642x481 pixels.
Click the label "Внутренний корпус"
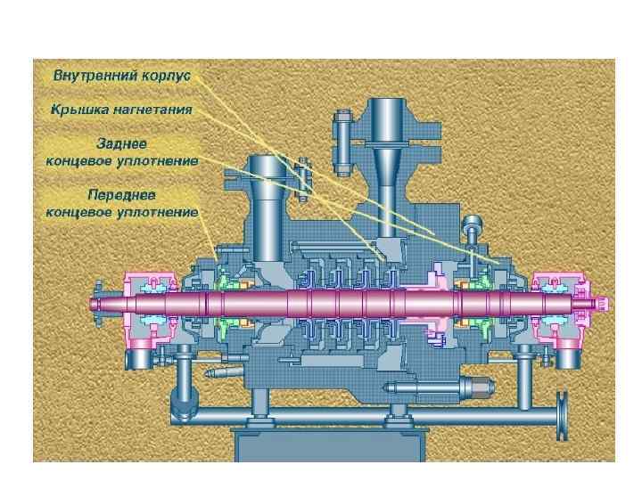click(122, 76)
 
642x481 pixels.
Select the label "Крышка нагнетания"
click(121, 110)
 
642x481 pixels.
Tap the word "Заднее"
click(122, 143)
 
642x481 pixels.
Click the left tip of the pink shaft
click(93, 304)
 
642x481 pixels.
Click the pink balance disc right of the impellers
click(437, 307)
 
